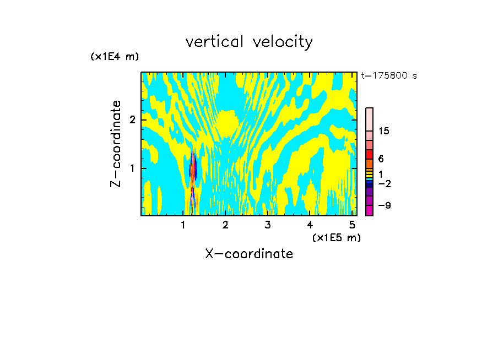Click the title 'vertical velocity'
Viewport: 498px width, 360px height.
point(249,42)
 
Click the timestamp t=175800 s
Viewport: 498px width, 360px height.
point(388,75)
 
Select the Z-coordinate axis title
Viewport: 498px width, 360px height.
point(116,144)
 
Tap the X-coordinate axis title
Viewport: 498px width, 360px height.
point(249,254)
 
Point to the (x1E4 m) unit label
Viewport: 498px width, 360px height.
point(115,56)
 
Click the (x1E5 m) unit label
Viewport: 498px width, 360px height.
point(336,237)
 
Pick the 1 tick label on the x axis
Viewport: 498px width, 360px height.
point(183,225)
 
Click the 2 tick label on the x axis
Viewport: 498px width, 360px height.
point(225,225)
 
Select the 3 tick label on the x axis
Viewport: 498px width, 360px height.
point(267,225)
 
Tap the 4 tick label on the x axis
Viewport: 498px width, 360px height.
point(310,225)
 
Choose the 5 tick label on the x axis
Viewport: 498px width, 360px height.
point(351,225)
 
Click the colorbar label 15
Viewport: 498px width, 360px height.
point(385,131)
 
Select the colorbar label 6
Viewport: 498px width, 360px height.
point(381,159)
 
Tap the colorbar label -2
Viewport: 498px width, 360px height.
point(384,183)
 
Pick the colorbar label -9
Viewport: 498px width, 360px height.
point(384,205)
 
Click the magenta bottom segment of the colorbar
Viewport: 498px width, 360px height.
point(369,210)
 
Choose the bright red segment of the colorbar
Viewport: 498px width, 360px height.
point(369,154)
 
